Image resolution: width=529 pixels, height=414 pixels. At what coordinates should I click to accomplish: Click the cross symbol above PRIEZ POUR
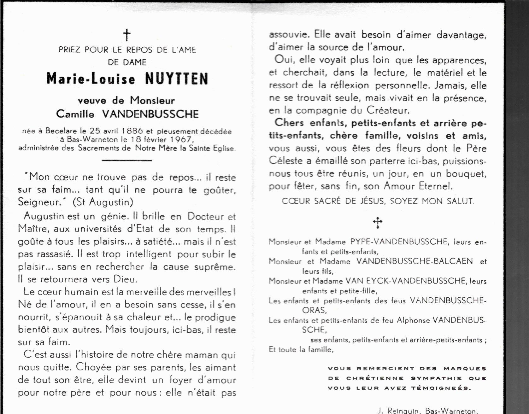[127, 35]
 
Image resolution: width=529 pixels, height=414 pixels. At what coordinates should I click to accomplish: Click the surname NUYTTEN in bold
[176, 79]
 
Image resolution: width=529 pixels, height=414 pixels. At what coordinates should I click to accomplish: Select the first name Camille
[75, 114]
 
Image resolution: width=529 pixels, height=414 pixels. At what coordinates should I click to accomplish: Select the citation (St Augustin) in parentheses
[103, 202]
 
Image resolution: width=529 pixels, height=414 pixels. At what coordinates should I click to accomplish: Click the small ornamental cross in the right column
[378, 223]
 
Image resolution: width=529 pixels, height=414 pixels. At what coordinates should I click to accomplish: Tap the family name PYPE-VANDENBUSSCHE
[399, 242]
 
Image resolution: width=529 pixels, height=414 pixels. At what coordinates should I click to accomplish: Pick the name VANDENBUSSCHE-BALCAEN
[414, 261]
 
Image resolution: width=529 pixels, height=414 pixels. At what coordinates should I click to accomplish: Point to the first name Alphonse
[413, 320]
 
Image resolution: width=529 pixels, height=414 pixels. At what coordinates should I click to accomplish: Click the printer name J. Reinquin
[399, 411]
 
